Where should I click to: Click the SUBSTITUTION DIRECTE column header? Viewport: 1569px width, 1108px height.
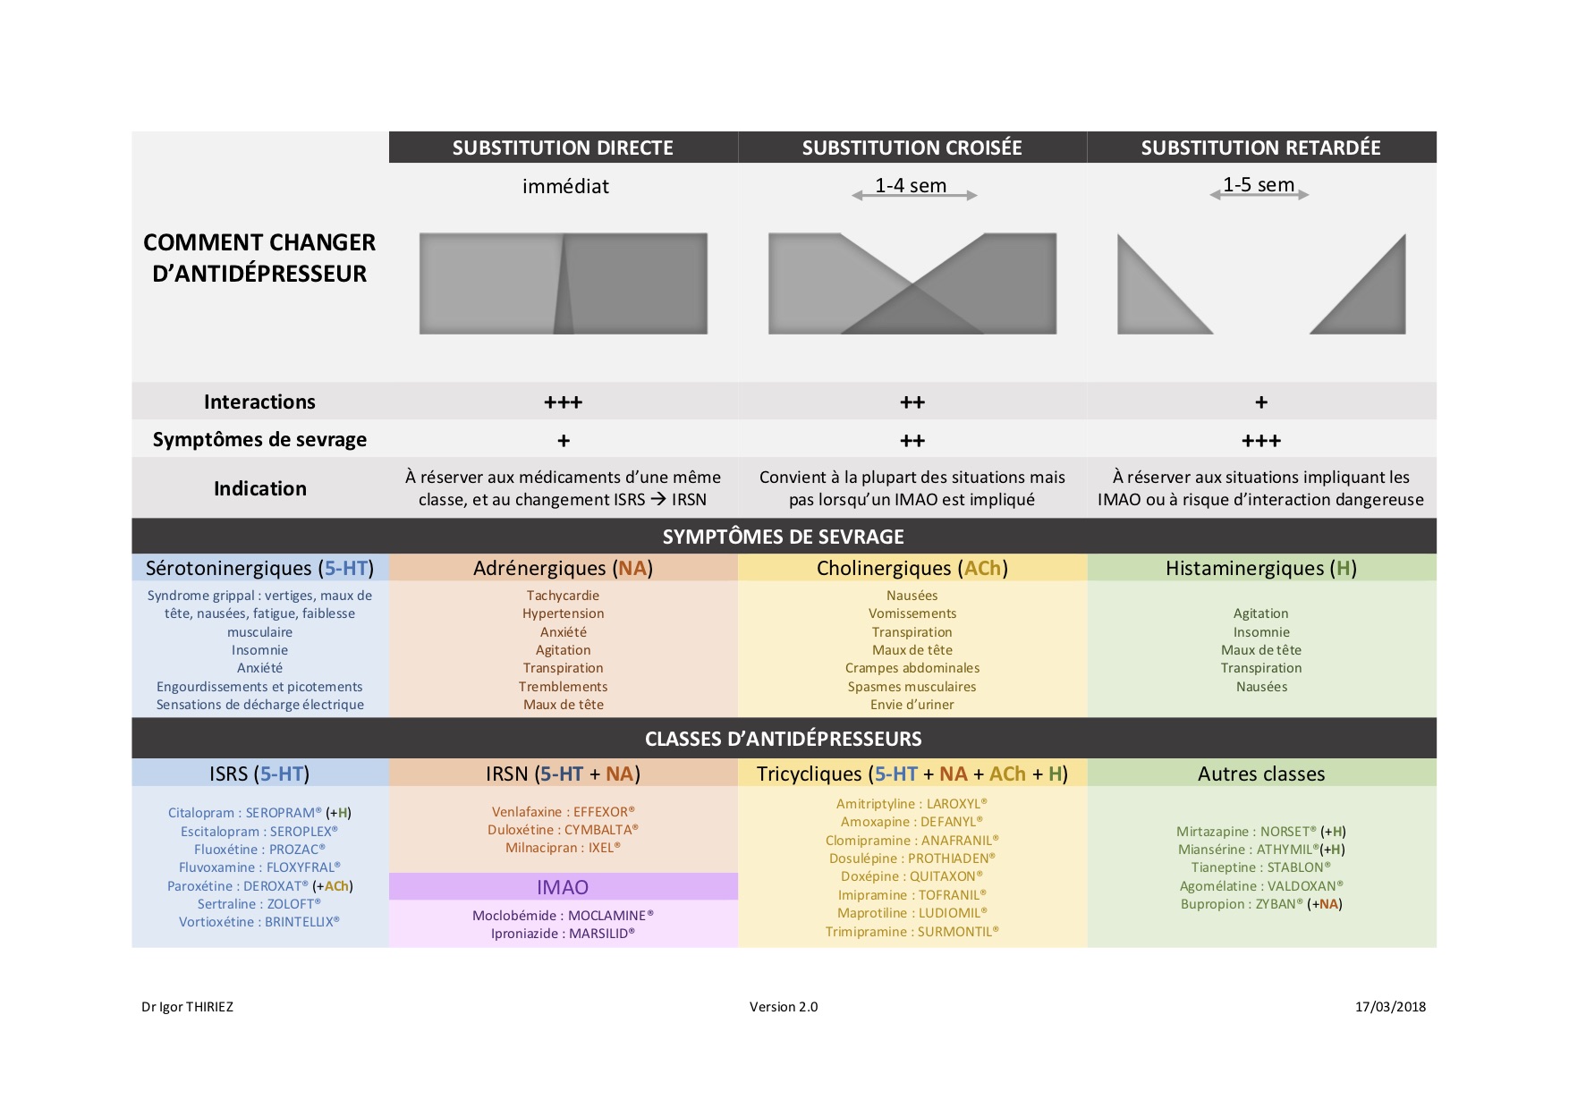tap(563, 148)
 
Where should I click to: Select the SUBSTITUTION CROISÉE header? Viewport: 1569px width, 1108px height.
tap(912, 148)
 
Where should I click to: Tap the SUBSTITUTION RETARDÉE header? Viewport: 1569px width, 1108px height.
tap(1260, 148)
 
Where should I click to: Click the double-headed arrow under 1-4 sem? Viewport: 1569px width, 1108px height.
tap(914, 195)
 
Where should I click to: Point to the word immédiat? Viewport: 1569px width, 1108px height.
tap(565, 186)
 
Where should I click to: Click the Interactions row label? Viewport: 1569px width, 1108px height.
tap(259, 402)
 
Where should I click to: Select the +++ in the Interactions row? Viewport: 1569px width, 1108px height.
tap(563, 402)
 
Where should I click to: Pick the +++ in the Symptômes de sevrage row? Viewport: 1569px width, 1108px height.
tap(1260, 441)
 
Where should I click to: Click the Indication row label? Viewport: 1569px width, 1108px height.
tap(259, 488)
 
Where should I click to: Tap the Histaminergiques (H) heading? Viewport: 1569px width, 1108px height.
tap(1260, 569)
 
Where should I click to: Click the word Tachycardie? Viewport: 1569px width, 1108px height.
tap(563, 596)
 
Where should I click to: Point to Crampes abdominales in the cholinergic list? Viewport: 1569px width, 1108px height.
tap(912, 668)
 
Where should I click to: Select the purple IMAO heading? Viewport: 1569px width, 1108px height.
tap(563, 887)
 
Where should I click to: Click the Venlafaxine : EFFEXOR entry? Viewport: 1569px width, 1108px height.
tap(563, 812)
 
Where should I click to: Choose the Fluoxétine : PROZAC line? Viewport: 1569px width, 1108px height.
tap(259, 850)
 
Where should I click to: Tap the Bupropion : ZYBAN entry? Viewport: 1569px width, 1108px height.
tap(1260, 904)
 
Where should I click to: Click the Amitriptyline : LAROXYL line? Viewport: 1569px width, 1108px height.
tap(912, 804)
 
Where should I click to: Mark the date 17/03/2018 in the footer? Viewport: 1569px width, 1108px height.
tap(1390, 1007)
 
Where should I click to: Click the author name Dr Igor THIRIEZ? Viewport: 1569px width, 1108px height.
tap(187, 1007)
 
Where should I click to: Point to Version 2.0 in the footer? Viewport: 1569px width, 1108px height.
tap(784, 1007)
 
